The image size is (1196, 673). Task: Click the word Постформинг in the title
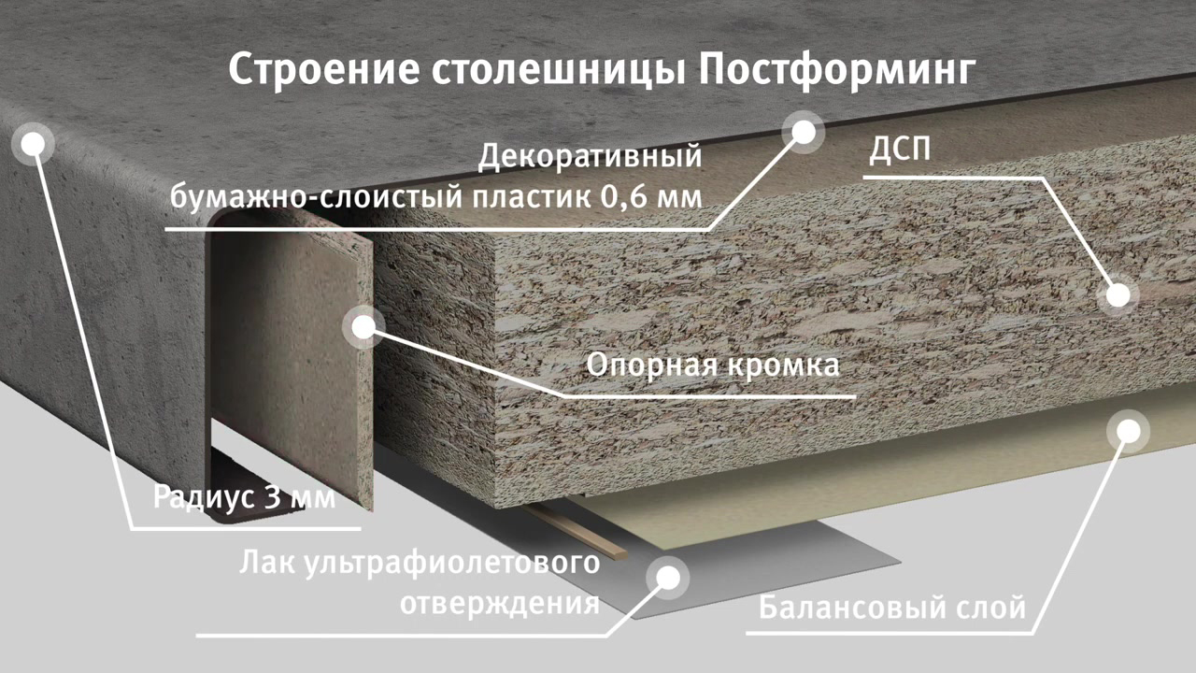pos(836,70)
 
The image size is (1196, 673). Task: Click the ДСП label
pos(900,149)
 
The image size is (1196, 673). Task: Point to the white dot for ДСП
pos(1118,295)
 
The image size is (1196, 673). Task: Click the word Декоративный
pos(590,157)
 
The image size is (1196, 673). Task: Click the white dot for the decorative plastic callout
pos(804,132)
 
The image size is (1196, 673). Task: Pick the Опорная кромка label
pos(713,365)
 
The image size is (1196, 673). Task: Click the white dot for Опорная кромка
pos(364,327)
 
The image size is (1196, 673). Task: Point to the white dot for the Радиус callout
pos(34,144)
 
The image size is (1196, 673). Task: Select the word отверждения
pos(500,604)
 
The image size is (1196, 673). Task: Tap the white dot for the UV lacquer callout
pos(668,578)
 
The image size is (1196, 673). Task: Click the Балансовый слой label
pos(892,608)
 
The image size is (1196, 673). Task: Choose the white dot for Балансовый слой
pos(1128,431)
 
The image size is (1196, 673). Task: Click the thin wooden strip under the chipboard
pos(574,532)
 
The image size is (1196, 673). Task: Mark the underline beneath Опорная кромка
pos(709,397)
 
